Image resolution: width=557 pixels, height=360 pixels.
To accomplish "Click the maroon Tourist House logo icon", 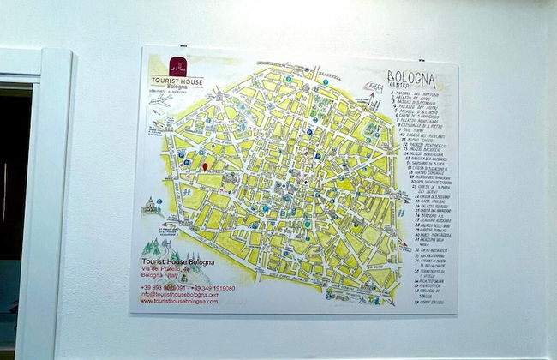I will pos(177,65).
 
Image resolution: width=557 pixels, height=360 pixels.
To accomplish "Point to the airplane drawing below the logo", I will pos(160,99).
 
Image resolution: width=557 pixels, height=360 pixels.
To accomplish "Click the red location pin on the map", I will pos(204,165).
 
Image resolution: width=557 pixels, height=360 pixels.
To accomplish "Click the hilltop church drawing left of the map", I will pos(152,207).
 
